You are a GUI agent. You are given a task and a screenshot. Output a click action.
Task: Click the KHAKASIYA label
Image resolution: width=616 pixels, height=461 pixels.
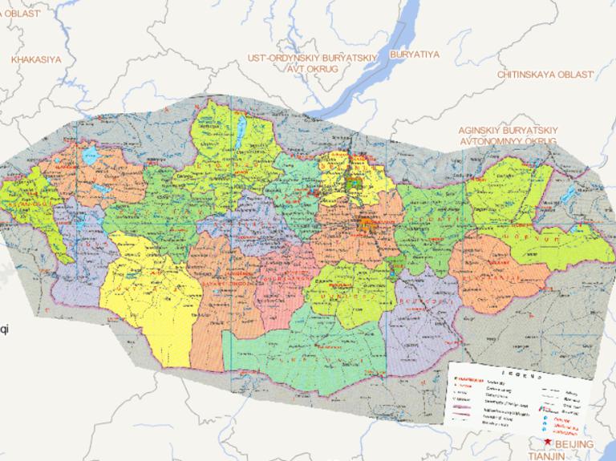pos(36,59)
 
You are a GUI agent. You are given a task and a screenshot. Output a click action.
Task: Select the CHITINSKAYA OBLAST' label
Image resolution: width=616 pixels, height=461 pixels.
pos(545,74)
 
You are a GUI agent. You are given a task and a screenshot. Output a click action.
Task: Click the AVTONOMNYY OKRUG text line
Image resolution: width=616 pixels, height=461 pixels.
pos(508,140)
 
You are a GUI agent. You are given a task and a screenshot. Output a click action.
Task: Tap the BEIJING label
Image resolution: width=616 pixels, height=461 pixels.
pos(575,443)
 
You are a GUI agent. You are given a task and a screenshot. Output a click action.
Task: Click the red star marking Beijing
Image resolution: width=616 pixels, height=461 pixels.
pos(548,442)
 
